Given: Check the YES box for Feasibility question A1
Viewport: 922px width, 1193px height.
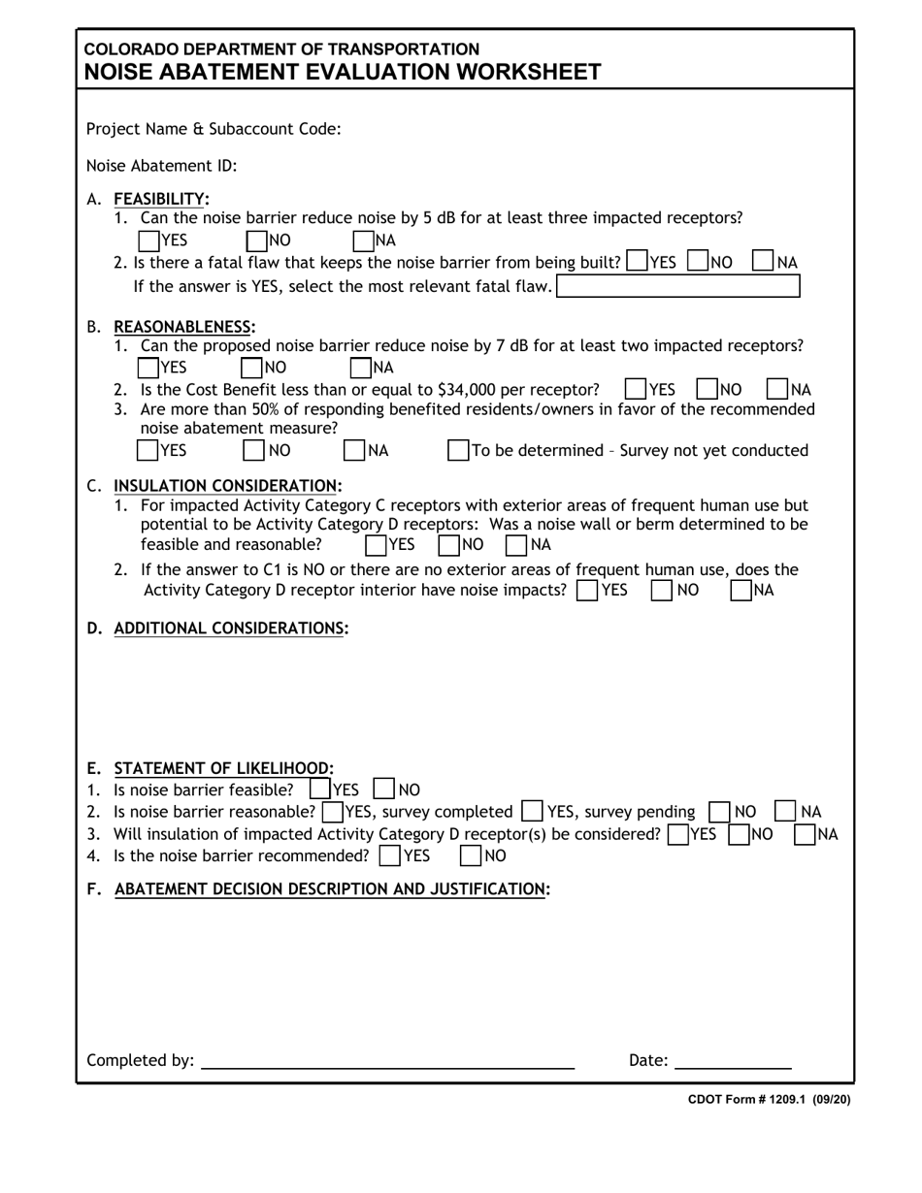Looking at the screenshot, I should coord(150,240).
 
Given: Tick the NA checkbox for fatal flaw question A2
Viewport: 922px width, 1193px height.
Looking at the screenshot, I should coord(764,262).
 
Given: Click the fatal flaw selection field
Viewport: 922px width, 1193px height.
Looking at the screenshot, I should coord(677,286).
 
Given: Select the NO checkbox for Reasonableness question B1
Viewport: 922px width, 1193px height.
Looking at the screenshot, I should coord(252,368).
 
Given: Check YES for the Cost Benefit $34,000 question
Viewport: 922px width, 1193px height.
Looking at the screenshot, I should coord(636,390).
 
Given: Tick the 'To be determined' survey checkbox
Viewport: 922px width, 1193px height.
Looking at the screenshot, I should coord(458,450).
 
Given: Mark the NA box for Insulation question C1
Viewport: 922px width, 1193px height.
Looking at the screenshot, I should coord(516,544).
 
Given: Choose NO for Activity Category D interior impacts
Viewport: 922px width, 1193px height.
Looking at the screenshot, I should coord(662,590).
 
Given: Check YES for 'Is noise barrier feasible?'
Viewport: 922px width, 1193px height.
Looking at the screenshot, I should coord(319,790).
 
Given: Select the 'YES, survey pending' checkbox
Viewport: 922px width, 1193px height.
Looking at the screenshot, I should coord(532,812).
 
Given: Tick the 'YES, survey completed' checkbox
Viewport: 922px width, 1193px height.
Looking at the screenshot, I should coord(332,812).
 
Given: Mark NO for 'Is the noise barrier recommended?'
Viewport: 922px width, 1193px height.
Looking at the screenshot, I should coord(471,855).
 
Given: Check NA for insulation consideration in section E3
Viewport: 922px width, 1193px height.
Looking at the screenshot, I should coord(805,834).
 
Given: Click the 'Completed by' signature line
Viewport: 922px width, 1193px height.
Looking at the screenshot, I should coord(387,1059).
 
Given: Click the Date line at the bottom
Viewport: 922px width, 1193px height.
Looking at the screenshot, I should coord(733,1059).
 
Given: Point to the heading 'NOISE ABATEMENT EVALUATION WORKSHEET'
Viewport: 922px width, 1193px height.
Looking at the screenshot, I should coord(342,72).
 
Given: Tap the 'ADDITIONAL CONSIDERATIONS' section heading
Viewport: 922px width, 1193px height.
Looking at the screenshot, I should coord(230,628).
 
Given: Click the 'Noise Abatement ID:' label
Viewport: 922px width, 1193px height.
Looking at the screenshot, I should coord(162,166).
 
